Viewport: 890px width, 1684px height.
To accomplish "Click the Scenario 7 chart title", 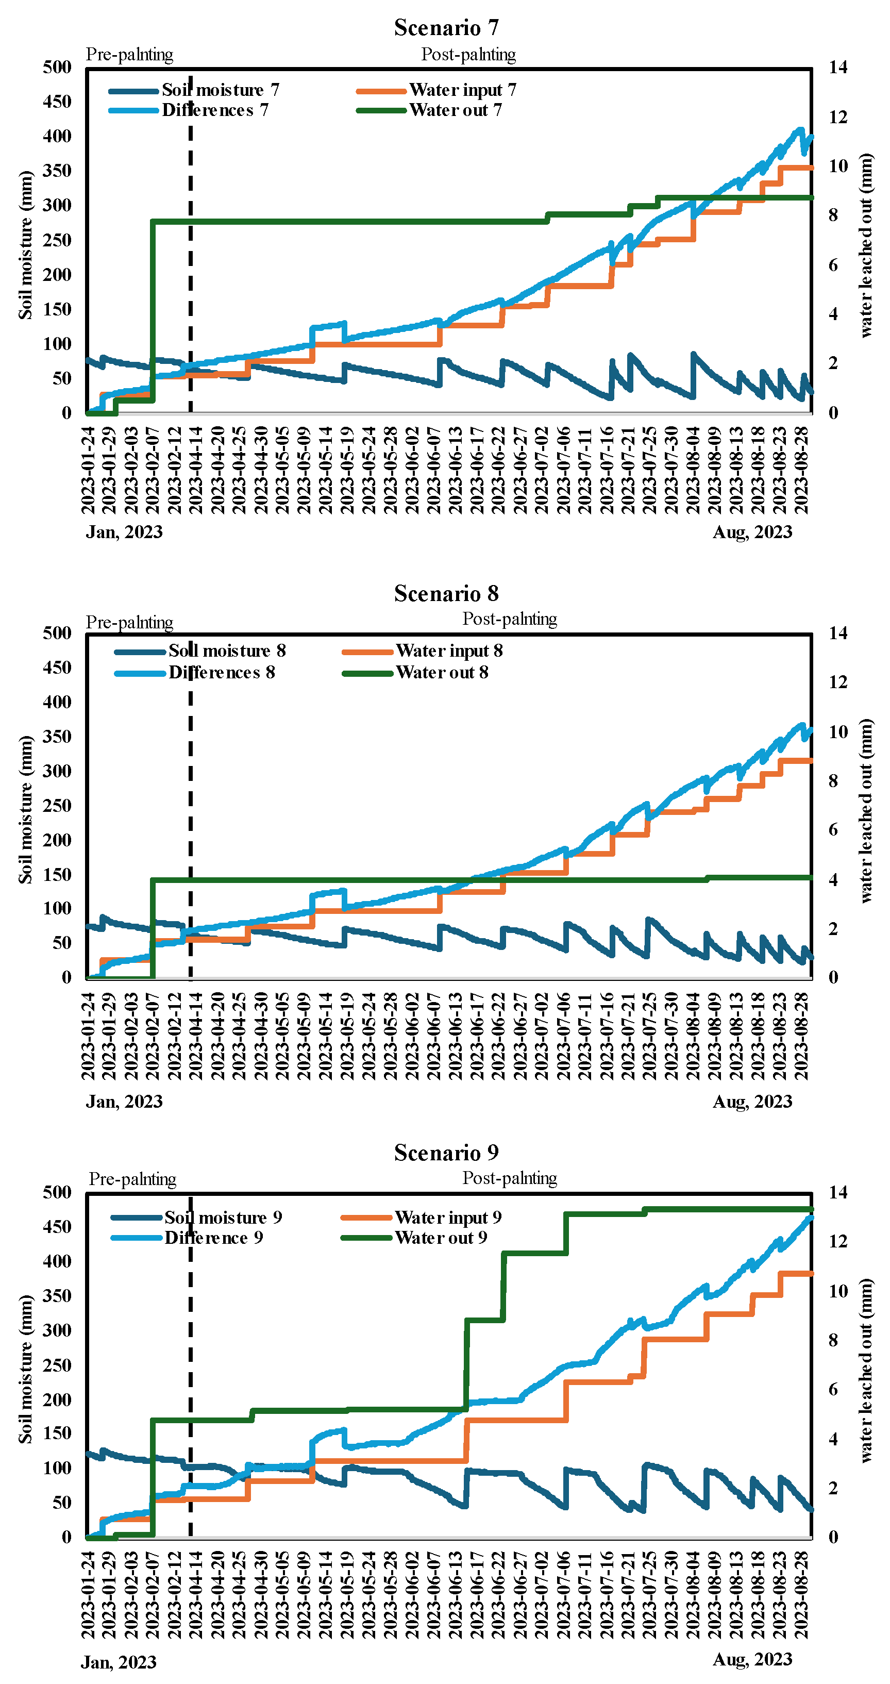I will coord(446,27).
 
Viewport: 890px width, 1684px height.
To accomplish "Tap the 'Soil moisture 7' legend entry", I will coord(220,90).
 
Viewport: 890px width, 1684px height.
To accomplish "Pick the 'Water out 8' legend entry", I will coord(442,673).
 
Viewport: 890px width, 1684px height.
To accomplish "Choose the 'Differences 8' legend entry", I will coord(222,673).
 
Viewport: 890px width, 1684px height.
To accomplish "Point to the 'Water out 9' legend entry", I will coord(441,1238).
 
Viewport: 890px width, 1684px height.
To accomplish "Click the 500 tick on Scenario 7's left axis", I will coord(58,68).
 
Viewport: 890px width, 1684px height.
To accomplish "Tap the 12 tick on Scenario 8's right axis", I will coord(838,682).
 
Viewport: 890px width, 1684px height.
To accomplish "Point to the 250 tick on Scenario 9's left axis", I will coord(58,1365).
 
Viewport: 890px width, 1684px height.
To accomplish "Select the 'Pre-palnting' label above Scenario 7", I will coord(129,54).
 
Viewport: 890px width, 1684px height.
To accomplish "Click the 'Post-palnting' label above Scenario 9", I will coord(510,1178).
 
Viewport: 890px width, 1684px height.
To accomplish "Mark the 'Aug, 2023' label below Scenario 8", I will coord(752,1102).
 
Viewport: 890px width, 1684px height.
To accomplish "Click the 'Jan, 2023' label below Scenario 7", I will coord(124,532).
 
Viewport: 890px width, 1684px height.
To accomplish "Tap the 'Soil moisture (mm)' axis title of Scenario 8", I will coord(25,809).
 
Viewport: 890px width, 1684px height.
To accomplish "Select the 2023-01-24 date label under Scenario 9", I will coord(88,1593).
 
